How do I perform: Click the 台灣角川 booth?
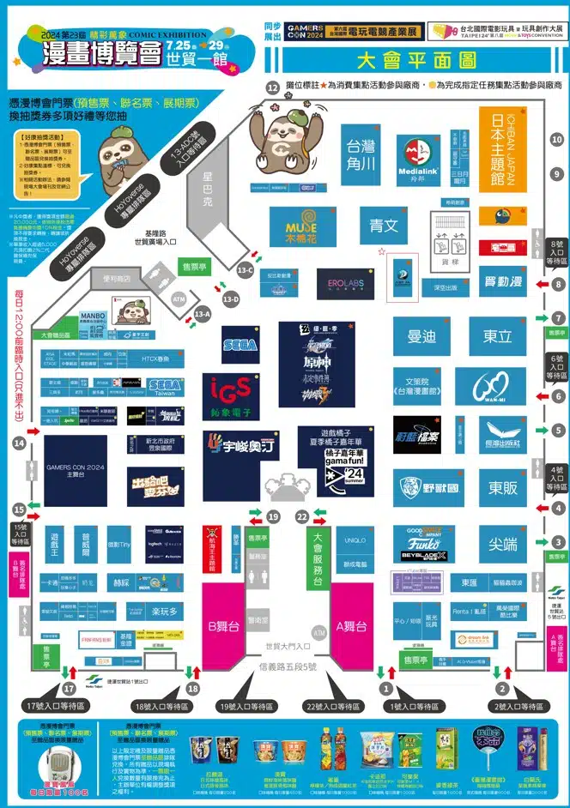point(358,154)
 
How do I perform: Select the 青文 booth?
point(384,226)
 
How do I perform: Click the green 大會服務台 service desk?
point(318,558)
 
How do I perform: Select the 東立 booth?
point(497,337)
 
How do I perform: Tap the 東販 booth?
point(502,488)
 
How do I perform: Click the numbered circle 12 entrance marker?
point(273,87)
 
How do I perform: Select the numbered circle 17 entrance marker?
point(70,689)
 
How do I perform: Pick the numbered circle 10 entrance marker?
point(556,140)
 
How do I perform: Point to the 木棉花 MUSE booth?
point(301,226)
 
